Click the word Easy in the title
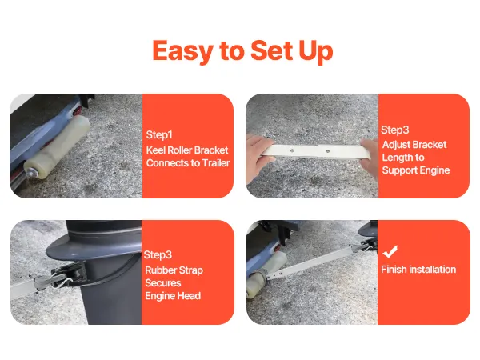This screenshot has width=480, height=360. pyautogui.click(x=182, y=51)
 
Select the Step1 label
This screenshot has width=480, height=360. pyautogui.click(x=159, y=134)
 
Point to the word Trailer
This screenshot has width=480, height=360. pyautogui.click(x=216, y=163)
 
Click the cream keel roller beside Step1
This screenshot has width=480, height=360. pyautogui.click(x=57, y=147)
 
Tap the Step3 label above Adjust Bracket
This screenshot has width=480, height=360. pyautogui.click(x=395, y=130)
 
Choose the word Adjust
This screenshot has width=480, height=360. pyautogui.click(x=396, y=145)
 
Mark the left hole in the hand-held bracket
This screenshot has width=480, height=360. pyautogui.click(x=292, y=150)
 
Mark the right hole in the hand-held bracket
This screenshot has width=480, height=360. pyautogui.click(x=327, y=151)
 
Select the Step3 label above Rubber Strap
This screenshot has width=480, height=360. pyautogui.click(x=158, y=255)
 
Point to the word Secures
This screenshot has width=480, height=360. pyautogui.click(x=163, y=283)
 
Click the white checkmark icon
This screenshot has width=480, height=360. pyautogui.click(x=390, y=251)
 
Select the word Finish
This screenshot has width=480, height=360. pyautogui.click(x=394, y=270)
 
